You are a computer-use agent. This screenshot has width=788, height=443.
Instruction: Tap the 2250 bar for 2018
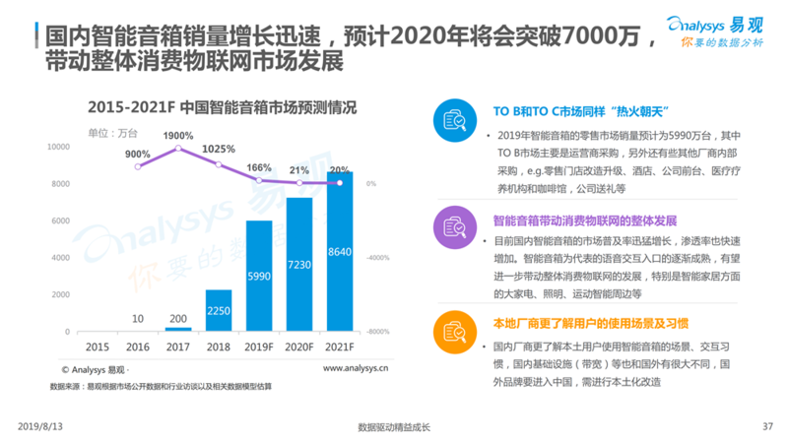coord(218,311)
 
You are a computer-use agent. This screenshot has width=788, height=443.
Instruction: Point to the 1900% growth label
coord(178,135)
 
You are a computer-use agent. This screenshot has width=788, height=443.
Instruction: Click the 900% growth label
coord(138,154)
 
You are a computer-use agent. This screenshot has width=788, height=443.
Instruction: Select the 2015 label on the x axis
coord(98,347)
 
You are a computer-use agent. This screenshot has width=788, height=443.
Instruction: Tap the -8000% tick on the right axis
coord(380,333)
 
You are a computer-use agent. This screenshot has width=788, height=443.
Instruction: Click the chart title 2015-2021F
coord(221,107)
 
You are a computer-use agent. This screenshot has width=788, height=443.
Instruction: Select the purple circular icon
coord(455,229)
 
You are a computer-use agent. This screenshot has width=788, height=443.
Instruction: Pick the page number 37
coord(767,426)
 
